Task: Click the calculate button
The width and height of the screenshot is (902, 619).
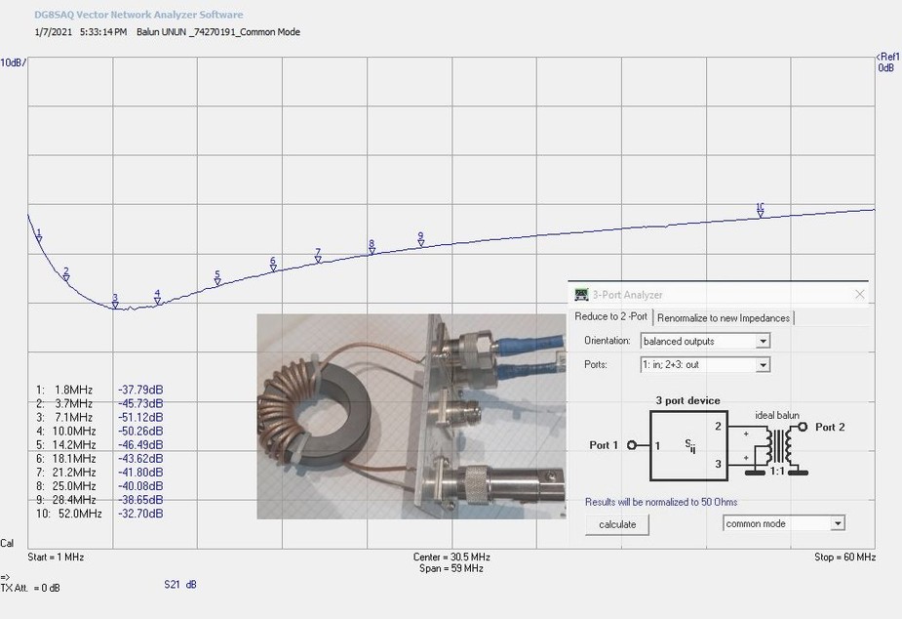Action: click(x=616, y=524)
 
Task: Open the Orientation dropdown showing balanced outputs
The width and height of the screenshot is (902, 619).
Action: click(x=705, y=341)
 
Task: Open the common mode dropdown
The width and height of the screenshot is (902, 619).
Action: click(x=783, y=523)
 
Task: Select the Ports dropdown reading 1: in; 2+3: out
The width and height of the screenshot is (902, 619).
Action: click(x=705, y=364)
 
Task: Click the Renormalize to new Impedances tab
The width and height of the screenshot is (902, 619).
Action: click(x=724, y=318)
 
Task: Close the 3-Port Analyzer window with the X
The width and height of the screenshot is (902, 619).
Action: click(x=859, y=294)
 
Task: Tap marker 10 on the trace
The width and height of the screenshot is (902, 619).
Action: click(x=760, y=211)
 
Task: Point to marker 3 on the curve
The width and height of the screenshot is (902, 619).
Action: click(x=115, y=302)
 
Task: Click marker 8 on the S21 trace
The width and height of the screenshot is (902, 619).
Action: click(x=372, y=248)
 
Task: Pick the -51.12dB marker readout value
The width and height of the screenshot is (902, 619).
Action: click(x=140, y=417)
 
